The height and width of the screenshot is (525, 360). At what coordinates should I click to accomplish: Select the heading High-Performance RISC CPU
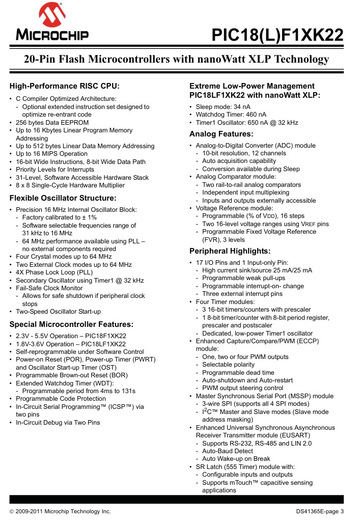coord(65,86)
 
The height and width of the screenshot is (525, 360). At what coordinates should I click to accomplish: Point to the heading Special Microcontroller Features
coord(72,324)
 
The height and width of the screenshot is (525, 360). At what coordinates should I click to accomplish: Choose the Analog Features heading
coord(221,134)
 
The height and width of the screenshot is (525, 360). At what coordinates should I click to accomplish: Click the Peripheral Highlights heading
coord(230,251)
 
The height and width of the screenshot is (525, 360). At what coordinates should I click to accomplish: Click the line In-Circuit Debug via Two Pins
coord(58,422)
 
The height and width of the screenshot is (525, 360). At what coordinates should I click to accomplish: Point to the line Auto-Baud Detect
coord(227,451)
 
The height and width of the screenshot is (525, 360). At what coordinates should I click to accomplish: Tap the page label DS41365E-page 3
coord(320,511)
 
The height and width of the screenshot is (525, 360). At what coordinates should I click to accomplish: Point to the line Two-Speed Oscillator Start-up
coord(58,312)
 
